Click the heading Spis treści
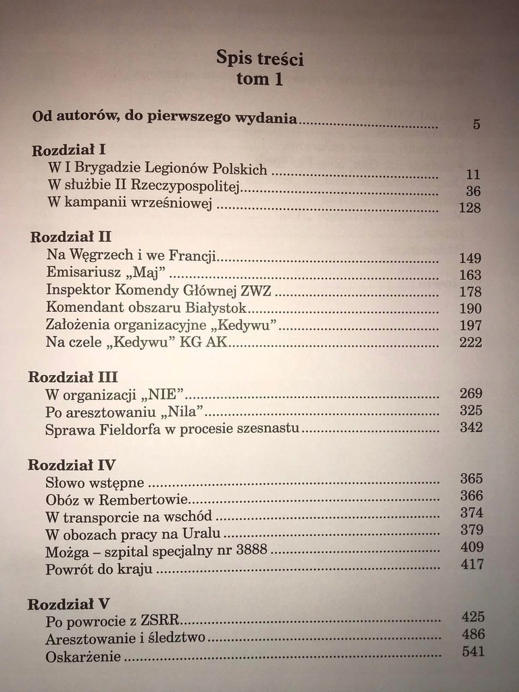(x=259, y=58)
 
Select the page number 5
(x=476, y=124)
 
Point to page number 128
(x=469, y=207)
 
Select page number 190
(x=470, y=309)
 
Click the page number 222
(x=470, y=343)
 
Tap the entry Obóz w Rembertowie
(x=116, y=501)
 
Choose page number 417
(x=471, y=564)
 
